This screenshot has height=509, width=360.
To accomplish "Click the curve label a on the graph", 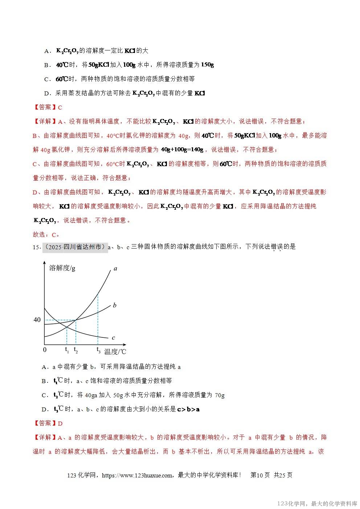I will (115, 269).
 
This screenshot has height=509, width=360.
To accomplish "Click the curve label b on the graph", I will (115, 305).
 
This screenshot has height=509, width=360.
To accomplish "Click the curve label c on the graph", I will (114, 338).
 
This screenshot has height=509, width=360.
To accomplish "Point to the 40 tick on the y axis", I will (37, 320).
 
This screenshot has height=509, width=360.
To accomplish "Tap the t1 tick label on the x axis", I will (67, 350).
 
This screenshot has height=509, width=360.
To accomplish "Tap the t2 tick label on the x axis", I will (76, 350).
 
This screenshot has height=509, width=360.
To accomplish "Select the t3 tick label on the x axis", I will (98, 350).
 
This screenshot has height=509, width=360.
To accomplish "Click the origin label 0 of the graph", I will (45, 350).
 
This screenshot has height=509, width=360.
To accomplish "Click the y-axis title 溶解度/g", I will (62, 268).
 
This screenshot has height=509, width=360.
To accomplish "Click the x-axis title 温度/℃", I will (115, 351).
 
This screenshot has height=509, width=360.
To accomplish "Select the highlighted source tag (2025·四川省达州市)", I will (75, 247).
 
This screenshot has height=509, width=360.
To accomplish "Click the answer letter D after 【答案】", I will (60, 423).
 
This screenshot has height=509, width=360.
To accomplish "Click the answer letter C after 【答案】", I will (60, 107).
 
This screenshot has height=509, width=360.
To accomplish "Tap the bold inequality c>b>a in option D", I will (188, 409).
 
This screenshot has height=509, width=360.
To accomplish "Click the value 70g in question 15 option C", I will (220, 395).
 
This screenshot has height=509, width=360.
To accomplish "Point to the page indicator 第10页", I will (260, 475).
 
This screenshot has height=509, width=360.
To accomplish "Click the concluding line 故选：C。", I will (46, 234).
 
